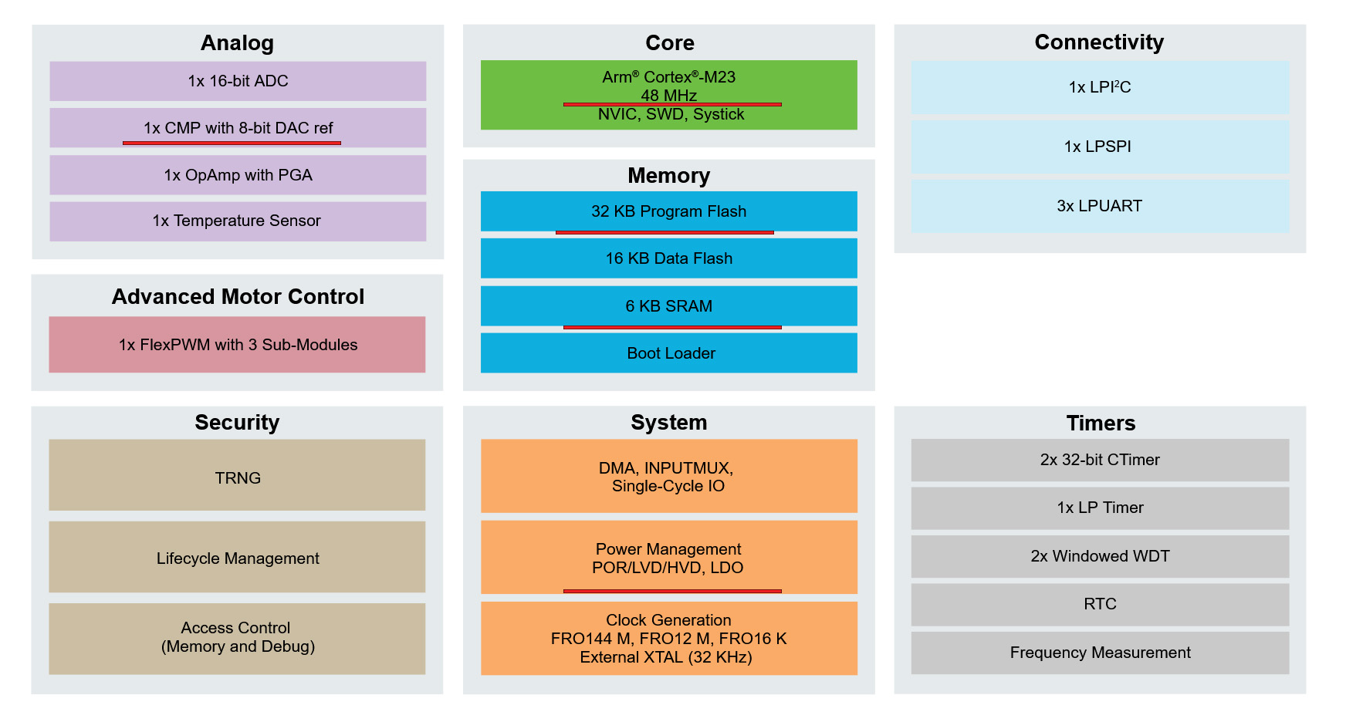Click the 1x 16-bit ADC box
pyautogui.click(x=238, y=81)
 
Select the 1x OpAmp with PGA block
pyautogui.click(x=238, y=175)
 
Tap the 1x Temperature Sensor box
pyautogui.click(x=238, y=221)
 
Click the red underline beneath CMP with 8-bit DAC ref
pyautogui.click(x=232, y=143)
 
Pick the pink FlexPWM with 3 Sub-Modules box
pyautogui.click(x=237, y=345)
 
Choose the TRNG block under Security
pyautogui.click(x=237, y=475)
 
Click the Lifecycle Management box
pyautogui.click(x=237, y=557)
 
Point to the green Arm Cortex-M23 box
pyautogui.click(x=668, y=95)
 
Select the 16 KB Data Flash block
pyautogui.click(x=668, y=258)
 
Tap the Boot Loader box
pyautogui.click(x=668, y=353)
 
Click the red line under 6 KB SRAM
pyautogui.click(x=672, y=327)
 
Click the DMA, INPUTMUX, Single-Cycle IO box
pyautogui.click(x=668, y=476)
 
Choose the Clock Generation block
pyautogui.click(x=668, y=639)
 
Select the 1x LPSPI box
pyautogui.click(x=1100, y=147)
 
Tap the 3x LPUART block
pyautogui.click(x=1100, y=206)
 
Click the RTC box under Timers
pyautogui.click(x=1100, y=605)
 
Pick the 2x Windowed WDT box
pyautogui.click(x=1100, y=557)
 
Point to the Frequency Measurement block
pyautogui.click(x=1100, y=653)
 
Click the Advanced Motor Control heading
pyautogui.click(x=238, y=297)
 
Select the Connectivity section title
pyautogui.click(x=1099, y=42)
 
